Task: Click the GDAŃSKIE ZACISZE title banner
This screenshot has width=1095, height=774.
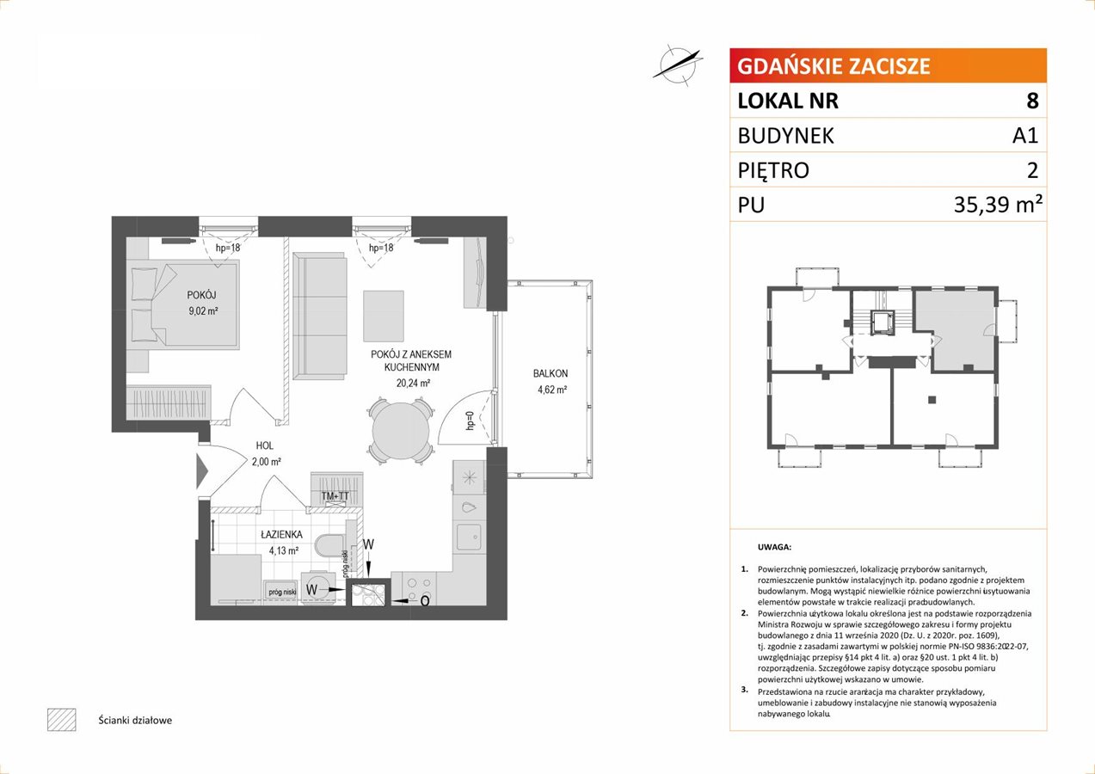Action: pyautogui.click(x=888, y=65)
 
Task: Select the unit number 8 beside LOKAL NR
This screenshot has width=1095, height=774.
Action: pyautogui.click(x=1032, y=101)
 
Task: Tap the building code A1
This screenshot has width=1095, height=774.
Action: pyautogui.click(x=1025, y=135)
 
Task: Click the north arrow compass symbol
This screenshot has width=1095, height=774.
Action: pyautogui.click(x=678, y=65)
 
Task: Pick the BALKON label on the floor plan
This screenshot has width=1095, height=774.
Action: pyautogui.click(x=551, y=374)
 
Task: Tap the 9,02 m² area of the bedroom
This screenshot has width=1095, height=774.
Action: pyautogui.click(x=203, y=310)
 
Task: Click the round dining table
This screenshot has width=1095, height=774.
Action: pyautogui.click(x=400, y=431)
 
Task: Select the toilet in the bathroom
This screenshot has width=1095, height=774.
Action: pyautogui.click(x=329, y=545)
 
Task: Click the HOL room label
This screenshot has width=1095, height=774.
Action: pyautogui.click(x=264, y=445)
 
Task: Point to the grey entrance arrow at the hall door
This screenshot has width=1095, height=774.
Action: pyautogui.click(x=202, y=471)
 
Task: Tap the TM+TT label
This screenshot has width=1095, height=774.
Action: pyautogui.click(x=335, y=496)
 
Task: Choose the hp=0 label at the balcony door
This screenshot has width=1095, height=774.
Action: pyautogui.click(x=471, y=421)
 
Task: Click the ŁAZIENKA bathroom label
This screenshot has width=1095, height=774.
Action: pyautogui.click(x=281, y=535)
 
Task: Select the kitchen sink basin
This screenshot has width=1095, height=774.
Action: pyautogui.click(x=469, y=538)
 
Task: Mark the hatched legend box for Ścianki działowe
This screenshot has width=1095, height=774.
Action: pyautogui.click(x=62, y=720)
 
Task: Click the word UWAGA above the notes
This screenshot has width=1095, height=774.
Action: pyautogui.click(x=774, y=547)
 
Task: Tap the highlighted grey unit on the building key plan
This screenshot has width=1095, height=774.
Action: pyautogui.click(x=955, y=330)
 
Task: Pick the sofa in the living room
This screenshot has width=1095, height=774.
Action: pyautogui.click(x=320, y=316)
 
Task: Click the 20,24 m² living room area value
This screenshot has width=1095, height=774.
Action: pyautogui.click(x=413, y=383)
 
